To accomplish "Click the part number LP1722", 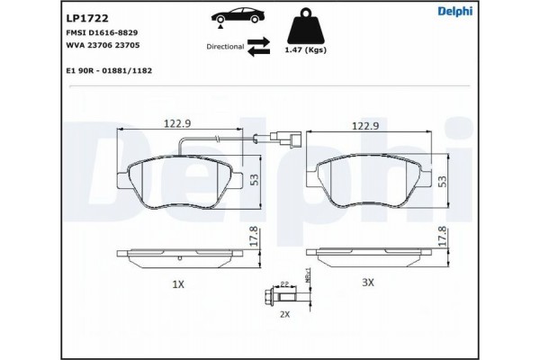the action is coord(86,18).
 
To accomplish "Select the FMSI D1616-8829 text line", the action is coord(102,32).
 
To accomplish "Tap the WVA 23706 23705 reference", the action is coord(103,45).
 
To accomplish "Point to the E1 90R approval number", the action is coord(109,70).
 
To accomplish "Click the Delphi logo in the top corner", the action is coord(454,11).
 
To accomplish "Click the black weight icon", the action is coord(305,26).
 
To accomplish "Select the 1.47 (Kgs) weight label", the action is coord(305,49).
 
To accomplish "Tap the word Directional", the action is coord(225,47).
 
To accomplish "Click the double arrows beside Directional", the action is coord(258,47).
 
